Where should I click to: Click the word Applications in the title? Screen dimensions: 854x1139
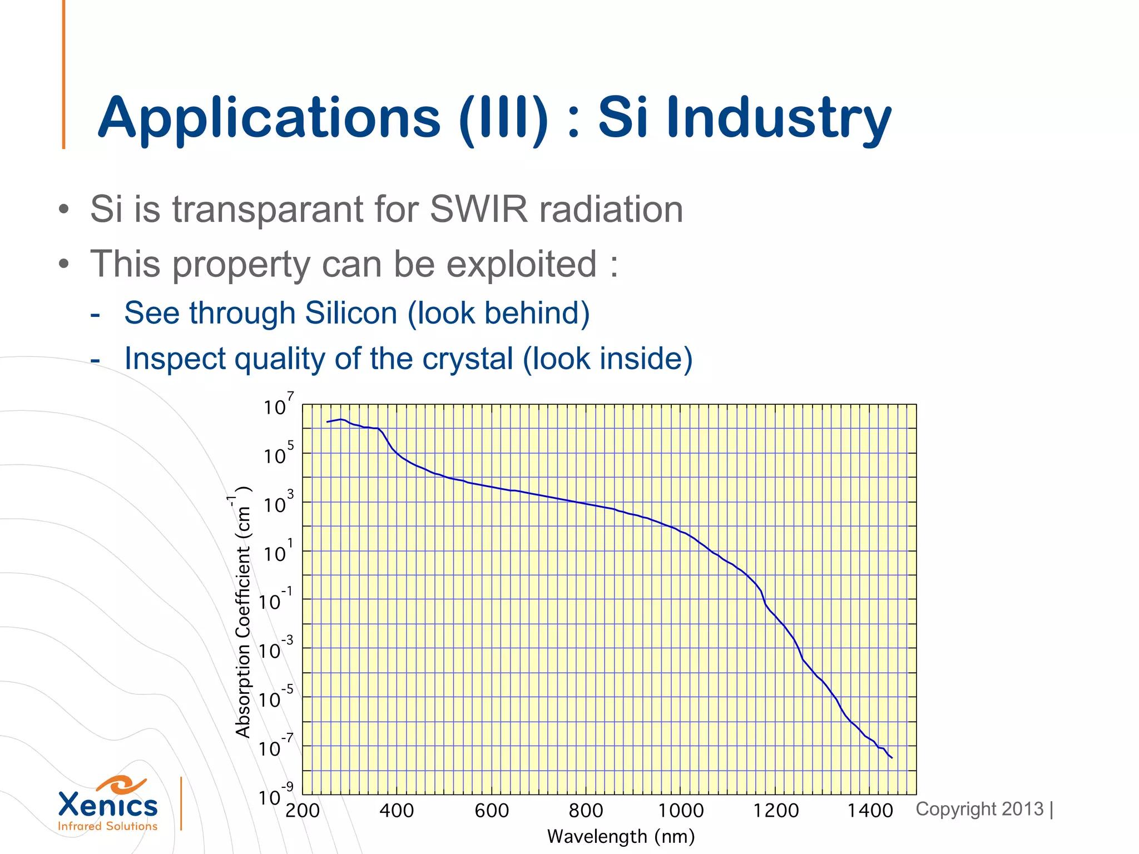(x=269, y=118)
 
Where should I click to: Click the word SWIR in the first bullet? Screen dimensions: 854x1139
(x=478, y=210)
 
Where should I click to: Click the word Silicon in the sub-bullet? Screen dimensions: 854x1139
(x=350, y=313)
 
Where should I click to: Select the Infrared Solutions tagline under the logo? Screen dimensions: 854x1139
(x=108, y=826)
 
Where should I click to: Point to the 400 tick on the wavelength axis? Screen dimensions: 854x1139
(x=397, y=811)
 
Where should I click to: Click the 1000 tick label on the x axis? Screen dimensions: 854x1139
(x=681, y=811)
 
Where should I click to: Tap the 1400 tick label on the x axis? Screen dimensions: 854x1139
(x=870, y=811)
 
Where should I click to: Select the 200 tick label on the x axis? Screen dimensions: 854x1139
(x=303, y=811)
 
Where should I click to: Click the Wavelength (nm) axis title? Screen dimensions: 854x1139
(x=621, y=837)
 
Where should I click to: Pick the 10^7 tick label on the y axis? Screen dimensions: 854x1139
(x=278, y=405)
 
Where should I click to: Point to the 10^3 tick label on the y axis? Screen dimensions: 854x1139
(x=278, y=503)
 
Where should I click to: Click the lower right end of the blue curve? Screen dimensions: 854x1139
(x=891, y=757)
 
